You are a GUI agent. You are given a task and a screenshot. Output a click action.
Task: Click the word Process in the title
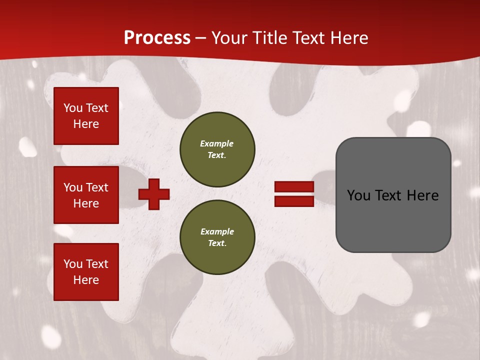coord(157,38)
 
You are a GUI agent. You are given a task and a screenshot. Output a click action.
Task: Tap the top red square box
coord(86,116)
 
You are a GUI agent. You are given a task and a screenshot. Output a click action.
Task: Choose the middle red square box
coord(86,195)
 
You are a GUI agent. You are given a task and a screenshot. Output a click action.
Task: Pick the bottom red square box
coord(86,272)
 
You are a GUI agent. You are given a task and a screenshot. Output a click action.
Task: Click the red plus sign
coord(154,194)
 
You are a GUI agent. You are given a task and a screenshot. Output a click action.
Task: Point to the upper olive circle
coord(217,149)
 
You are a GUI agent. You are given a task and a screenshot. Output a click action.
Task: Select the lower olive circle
coord(217,237)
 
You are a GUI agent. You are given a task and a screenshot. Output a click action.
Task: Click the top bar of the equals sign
coord(294,187)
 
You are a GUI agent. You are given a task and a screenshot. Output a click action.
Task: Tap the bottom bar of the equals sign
coord(294,201)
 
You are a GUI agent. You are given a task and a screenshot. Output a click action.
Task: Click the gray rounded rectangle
coord(393,195)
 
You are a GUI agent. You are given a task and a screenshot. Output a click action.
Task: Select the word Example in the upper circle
coord(217,143)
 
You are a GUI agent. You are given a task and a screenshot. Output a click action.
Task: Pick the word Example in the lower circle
coord(217,231)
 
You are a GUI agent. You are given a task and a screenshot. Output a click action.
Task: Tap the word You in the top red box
coord(72,108)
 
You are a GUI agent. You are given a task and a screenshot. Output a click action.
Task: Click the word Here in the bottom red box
coord(86,280)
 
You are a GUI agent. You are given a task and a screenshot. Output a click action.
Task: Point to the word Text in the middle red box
coord(97,187)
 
